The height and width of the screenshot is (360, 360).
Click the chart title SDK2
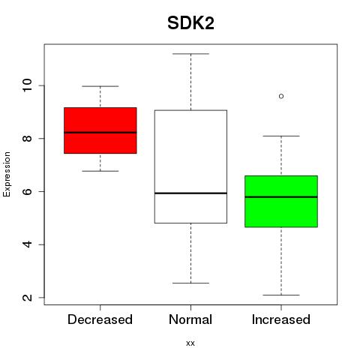[190, 23]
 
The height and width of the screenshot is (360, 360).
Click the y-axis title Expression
[7, 174]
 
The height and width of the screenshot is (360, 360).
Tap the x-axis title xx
[190, 343]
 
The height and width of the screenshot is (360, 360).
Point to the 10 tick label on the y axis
[27, 85]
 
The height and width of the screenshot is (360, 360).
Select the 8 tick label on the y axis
[27, 139]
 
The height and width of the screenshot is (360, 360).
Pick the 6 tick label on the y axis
[27, 191]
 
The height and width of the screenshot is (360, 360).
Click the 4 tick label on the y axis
[27, 244]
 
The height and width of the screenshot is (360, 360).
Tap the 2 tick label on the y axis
[27, 298]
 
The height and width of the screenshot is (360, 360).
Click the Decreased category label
[100, 319]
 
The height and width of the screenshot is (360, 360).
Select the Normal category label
[190, 319]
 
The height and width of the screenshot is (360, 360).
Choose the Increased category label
[281, 319]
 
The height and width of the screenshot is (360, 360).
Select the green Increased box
[281, 202]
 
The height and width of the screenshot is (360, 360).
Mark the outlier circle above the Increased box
[281, 96]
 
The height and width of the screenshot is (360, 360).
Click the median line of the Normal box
[190, 193]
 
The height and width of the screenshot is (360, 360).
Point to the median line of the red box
[100, 133]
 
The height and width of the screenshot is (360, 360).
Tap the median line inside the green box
[281, 197]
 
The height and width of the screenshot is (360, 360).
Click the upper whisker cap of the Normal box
[190, 54]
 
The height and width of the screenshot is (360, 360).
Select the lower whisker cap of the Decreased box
[100, 171]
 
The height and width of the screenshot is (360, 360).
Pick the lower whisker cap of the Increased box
[281, 295]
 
